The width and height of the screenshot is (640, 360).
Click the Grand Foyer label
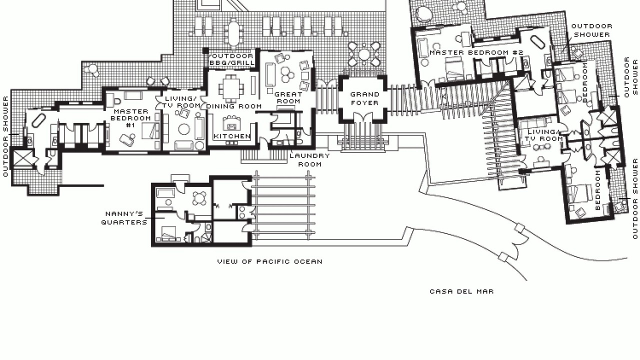point(365,98)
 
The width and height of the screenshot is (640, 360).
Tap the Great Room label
point(288,97)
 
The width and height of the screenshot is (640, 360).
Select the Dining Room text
point(234,106)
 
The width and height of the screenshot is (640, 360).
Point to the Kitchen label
point(232,136)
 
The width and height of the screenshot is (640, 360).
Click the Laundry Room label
point(309,160)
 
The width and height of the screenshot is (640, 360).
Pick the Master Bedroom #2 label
point(476,52)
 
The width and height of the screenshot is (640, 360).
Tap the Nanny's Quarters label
point(124,218)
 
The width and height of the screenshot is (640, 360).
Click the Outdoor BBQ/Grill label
point(232,59)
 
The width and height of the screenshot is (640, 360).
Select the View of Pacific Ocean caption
point(270,261)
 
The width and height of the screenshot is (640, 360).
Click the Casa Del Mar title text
point(461,291)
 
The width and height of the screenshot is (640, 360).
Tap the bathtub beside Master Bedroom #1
point(39,120)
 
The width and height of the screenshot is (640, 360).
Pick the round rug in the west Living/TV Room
point(184,129)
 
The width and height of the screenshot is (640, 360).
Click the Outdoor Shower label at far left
point(5,136)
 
